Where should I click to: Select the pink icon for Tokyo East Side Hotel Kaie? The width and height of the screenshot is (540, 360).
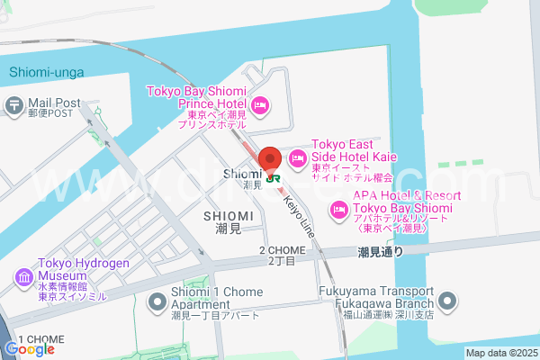298,158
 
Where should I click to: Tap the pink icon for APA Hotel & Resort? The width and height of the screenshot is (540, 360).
339,210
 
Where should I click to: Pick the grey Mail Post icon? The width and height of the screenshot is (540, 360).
13,105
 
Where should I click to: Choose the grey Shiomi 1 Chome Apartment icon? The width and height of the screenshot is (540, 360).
157,296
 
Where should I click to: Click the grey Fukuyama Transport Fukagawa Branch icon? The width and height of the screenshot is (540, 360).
448,297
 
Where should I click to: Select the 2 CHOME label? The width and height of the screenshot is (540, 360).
282,250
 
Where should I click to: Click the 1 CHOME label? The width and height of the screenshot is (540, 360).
40,338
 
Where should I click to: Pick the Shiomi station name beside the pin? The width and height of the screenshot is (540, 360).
242,175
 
